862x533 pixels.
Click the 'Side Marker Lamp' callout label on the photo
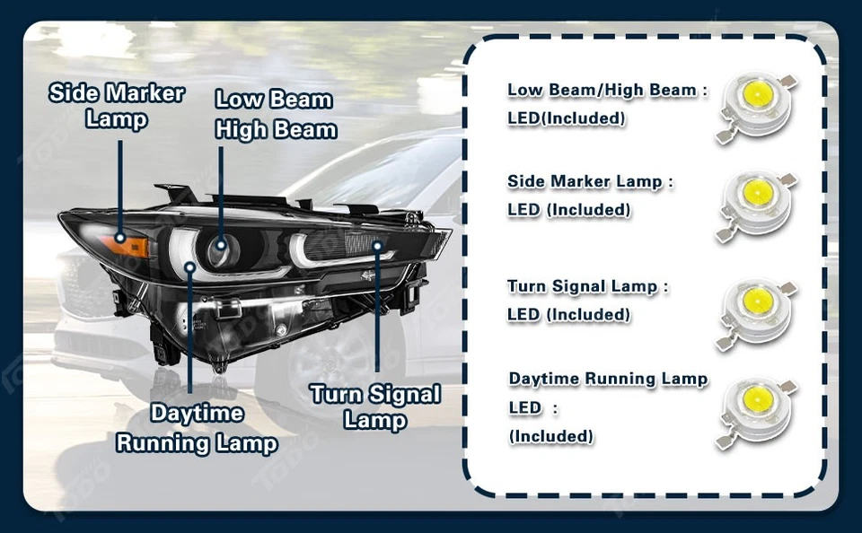(116, 105)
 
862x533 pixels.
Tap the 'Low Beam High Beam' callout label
(275, 114)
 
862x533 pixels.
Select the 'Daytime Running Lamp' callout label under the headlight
(197, 428)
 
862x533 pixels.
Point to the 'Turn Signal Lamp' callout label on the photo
(374, 406)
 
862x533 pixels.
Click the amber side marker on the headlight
(126, 242)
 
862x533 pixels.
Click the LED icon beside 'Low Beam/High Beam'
(756, 107)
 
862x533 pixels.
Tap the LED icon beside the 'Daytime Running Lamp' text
(756, 408)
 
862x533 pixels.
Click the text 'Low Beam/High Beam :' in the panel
(607, 91)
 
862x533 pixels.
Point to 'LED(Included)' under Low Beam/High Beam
(566, 118)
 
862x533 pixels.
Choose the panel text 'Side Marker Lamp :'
(590, 182)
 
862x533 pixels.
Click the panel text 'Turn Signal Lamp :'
(588, 287)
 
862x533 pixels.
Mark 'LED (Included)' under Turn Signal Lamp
(568, 315)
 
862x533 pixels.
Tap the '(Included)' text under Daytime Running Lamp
(550, 437)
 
